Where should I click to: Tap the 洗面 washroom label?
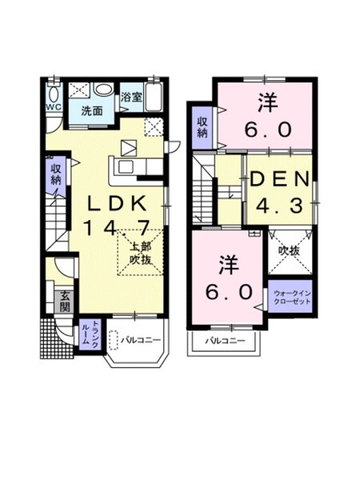pyautogui.click(x=91, y=111)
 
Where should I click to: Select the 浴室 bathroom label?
pyautogui.click(x=130, y=98)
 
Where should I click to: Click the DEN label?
pyautogui.click(x=278, y=179)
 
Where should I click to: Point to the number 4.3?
pyautogui.click(x=278, y=206)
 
